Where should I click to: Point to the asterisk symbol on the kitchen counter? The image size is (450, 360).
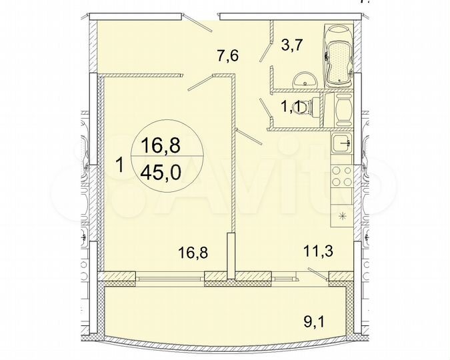[343, 215]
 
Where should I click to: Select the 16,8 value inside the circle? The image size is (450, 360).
[161, 142]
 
